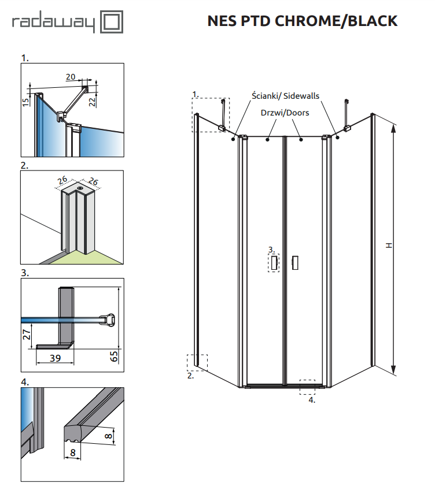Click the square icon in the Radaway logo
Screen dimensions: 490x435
coord(112,23)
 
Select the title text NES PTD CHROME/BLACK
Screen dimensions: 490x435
coord(302,21)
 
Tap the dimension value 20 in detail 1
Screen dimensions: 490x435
coord(71,77)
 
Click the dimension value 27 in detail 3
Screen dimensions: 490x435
coord(26,336)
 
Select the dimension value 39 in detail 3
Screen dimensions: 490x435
coord(54,358)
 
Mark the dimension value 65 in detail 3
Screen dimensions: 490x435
coord(114,354)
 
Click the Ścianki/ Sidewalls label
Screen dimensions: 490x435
coord(285,96)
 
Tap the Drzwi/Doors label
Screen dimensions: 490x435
coord(285,113)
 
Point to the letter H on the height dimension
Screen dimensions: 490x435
coord(389,246)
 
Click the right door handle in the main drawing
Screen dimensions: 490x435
coord(296,263)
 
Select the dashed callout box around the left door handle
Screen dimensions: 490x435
coord(274,263)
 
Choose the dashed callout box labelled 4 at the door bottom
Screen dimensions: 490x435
coord(307,387)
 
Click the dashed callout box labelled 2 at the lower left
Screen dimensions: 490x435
coord(197,362)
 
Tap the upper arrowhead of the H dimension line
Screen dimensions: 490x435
coord(393,128)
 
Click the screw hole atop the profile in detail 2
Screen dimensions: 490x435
coord(80,187)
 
